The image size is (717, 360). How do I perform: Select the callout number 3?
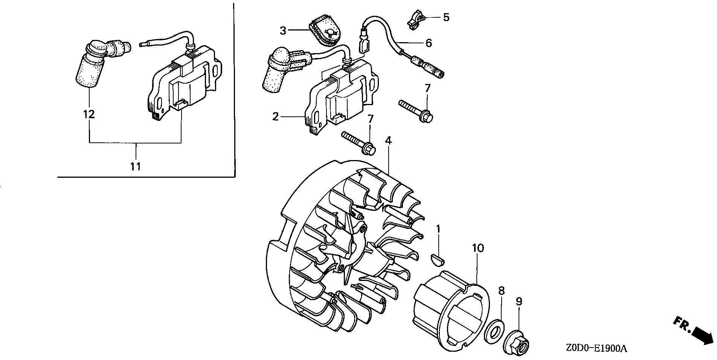click(283, 31)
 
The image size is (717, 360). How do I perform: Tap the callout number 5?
click(446, 17)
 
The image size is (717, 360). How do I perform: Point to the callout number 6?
click(429, 43)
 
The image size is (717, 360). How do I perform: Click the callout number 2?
click(276, 117)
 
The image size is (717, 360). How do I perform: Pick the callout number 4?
click(388, 140)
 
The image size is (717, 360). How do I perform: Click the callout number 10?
click(478, 249)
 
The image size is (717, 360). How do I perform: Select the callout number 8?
click(501, 291)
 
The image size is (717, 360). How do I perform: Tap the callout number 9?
click(519, 301)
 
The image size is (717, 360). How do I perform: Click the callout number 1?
click(438, 229)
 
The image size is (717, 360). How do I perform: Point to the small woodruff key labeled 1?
click(437, 258)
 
